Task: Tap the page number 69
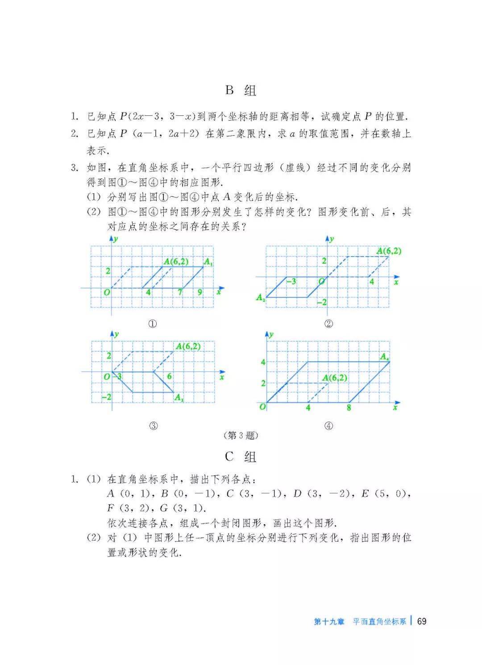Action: (x=422, y=621)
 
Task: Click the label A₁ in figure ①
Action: (x=208, y=263)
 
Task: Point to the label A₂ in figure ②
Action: (x=261, y=297)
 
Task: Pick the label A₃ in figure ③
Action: (x=179, y=397)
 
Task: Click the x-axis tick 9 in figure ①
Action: (x=200, y=293)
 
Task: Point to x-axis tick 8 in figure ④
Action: (x=349, y=408)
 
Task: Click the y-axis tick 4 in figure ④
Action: (x=263, y=362)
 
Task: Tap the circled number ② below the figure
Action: (x=328, y=324)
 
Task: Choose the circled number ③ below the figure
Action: (x=153, y=425)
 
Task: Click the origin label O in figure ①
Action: (x=107, y=293)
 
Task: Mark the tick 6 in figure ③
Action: (x=169, y=376)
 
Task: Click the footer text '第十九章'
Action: (x=329, y=622)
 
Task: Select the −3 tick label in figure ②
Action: (x=291, y=282)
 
